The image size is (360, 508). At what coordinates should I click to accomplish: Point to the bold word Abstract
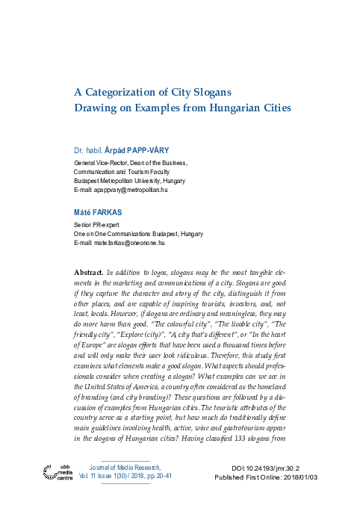(x=90, y=274)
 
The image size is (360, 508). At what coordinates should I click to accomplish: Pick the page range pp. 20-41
(x=158, y=476)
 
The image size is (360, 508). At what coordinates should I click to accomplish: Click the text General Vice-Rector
(x=100, y=162)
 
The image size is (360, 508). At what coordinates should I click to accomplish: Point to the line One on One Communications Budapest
(x=125, y=234)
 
